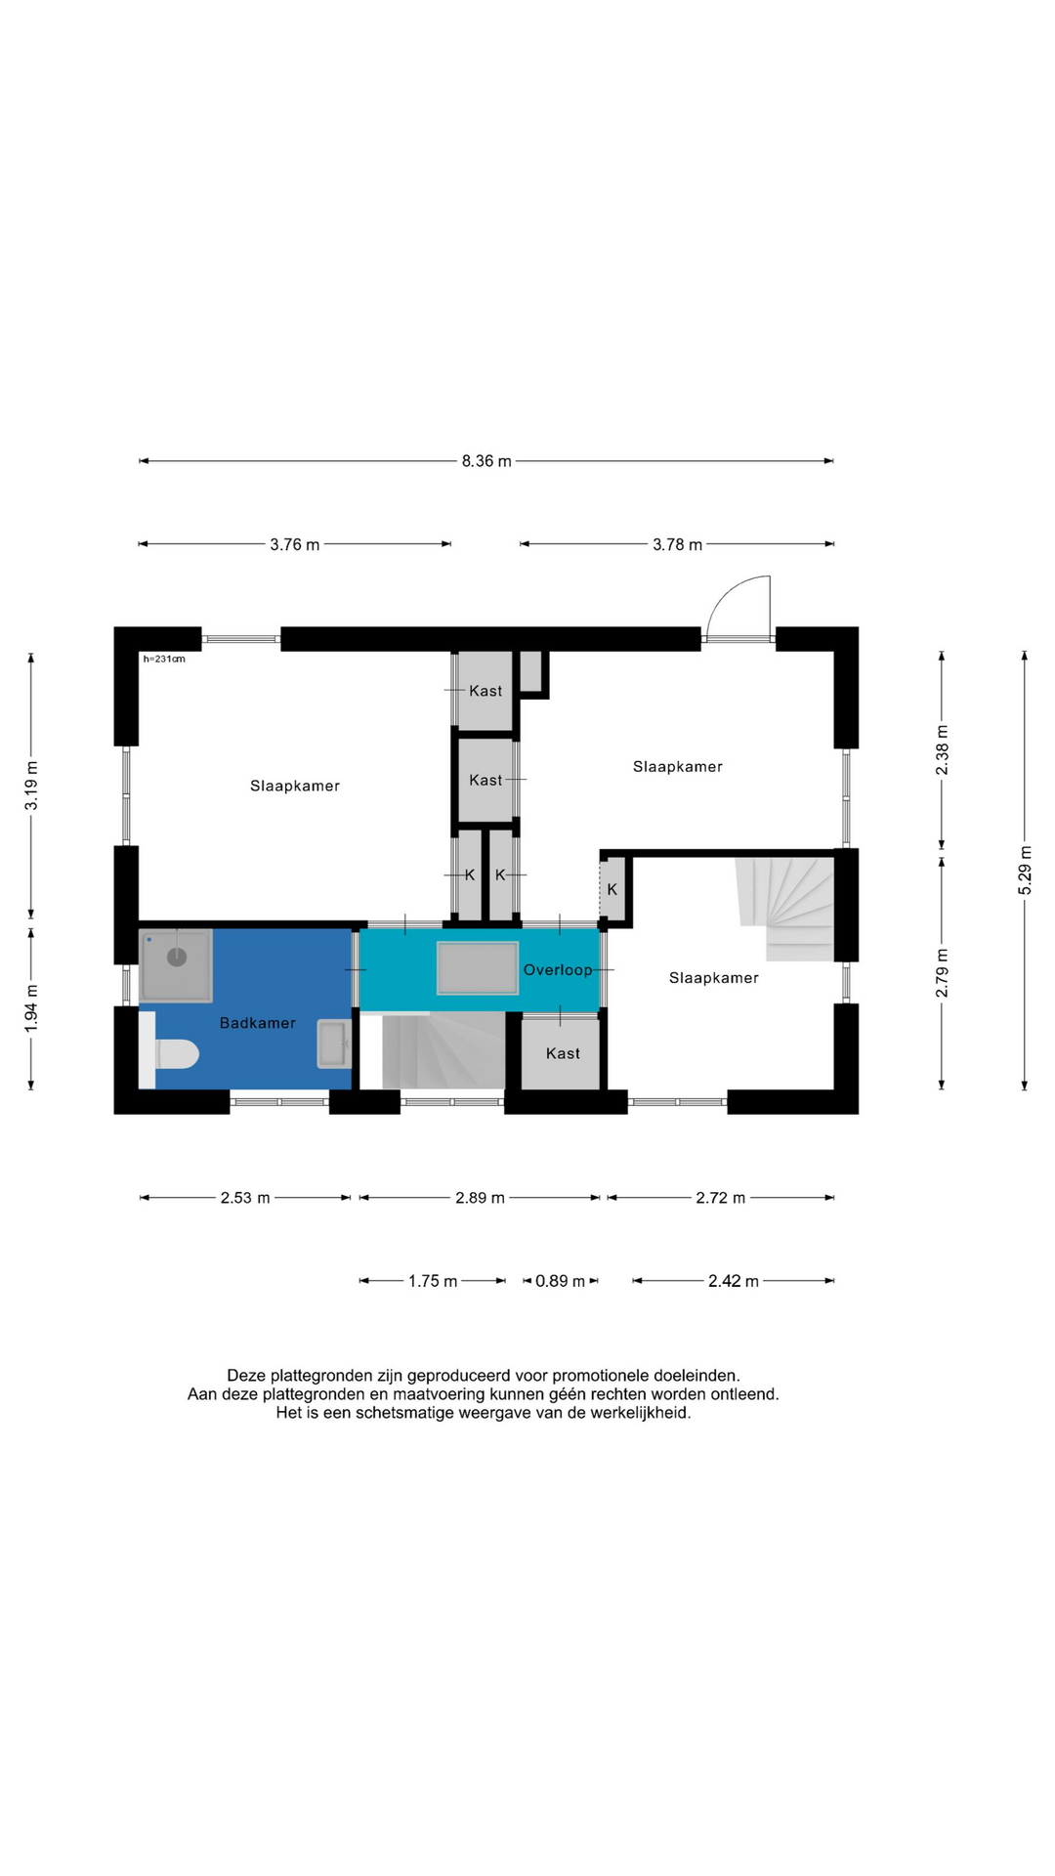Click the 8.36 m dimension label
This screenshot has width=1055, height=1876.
(486, 461)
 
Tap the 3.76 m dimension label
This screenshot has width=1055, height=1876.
(295, 544)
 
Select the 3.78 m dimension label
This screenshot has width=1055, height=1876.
(678, 544)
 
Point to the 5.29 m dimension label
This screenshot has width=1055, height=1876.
(1025, 870)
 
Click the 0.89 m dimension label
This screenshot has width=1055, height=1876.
(561, 1281)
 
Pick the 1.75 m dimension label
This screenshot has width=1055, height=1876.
(433, 1281)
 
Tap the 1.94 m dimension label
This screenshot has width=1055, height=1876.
(31, 1007)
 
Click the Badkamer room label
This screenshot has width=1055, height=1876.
(258, 1023)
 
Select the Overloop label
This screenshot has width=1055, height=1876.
(558, 970)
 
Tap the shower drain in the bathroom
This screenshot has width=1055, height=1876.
(177, 957)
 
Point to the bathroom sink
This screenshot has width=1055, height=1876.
(334, 1045)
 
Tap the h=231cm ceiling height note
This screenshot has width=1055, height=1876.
(164, 660)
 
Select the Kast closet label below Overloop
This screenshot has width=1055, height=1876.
(563, 1053)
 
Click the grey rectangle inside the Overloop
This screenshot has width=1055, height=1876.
(478, 968)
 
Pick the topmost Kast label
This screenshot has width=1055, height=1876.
(485, 691)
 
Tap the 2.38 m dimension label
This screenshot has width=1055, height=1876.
(942, 750)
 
